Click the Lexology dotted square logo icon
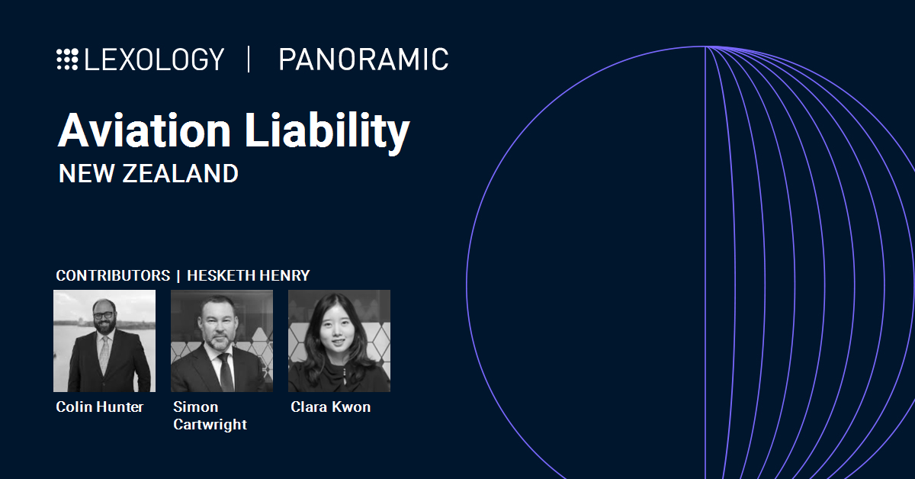click(67, 59)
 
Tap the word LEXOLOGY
click(154, 59)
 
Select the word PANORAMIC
click(364, 59)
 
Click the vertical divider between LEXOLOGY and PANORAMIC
click(249, 59)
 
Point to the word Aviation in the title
click(145, 130)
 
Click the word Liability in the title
click(327, 133)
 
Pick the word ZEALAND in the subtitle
click(180, 173)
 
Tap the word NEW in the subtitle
click(87, 173)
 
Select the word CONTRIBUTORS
click(113, 275)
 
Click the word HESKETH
click(221, 275)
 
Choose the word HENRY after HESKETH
click(284, 275)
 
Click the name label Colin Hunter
click(100, 407)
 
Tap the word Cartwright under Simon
click(210, 424)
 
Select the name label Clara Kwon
click(331, 407)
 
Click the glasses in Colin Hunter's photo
click(104, 315)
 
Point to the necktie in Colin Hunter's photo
click(104, 352)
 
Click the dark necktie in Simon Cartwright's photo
click(226, 372)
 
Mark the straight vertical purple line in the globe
click(705, 262)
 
